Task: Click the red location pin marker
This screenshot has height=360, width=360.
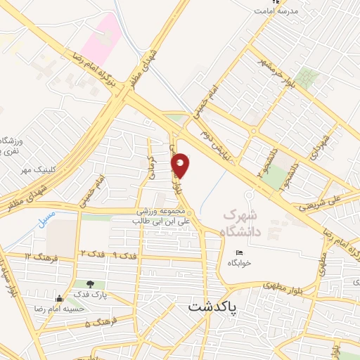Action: [181, 166]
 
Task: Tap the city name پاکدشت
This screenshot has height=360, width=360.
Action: [213, 307]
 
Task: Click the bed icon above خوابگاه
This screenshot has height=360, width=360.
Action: [240, 252]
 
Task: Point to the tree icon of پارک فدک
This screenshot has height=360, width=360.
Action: [91, 284]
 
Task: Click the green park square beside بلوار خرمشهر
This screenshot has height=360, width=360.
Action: [307, 77]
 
